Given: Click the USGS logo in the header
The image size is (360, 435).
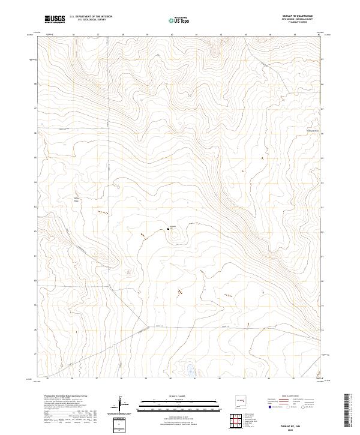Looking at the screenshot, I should point(55,19).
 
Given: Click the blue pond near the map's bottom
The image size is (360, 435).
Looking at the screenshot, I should point(190,370).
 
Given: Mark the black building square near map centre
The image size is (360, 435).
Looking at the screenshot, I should point(168,229).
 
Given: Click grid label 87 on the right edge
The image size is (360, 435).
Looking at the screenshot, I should point(322,109).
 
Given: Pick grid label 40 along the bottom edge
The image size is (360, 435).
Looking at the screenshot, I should point(171,379).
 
